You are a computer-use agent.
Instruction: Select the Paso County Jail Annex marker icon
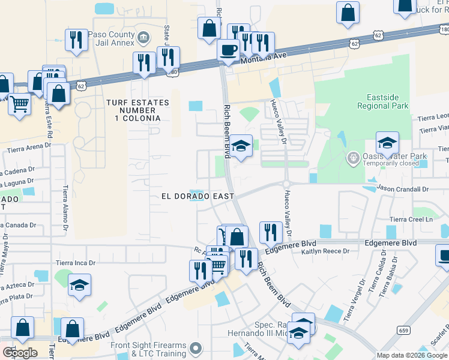tap(143, 38)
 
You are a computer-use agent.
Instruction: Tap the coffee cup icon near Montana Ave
tap(228, 50)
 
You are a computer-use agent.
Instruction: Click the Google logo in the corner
tap(20, 353)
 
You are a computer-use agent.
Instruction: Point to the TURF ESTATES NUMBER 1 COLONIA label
tap(133, 110)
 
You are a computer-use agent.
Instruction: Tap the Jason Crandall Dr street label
tap(403, 189)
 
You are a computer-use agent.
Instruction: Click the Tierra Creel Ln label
tap(411, 220)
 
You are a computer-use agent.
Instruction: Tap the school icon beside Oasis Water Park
tap(387, 143)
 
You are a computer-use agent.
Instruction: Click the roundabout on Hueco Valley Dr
tap(287, 184)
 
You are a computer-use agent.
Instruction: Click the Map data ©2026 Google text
tap(411, 355)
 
